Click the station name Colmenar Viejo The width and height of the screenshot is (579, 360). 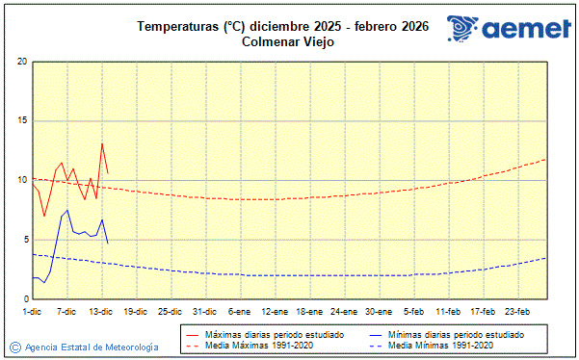[x=288, y=41]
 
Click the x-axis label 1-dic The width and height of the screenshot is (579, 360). [x=32, y=311]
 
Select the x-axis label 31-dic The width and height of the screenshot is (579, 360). [x=204, y=311]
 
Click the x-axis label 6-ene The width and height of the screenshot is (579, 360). [x=240, y=311]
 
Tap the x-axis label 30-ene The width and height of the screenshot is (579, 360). [x=379, y=311]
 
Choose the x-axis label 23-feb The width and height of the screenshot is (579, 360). [x=517, y=311]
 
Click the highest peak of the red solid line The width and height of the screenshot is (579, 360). [x=102, y=143]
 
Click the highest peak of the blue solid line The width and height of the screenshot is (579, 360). [x=67, y=210]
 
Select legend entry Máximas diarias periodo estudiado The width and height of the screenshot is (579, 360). [x=274, y=333]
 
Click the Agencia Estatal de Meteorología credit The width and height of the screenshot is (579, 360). [x=90, y=347]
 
